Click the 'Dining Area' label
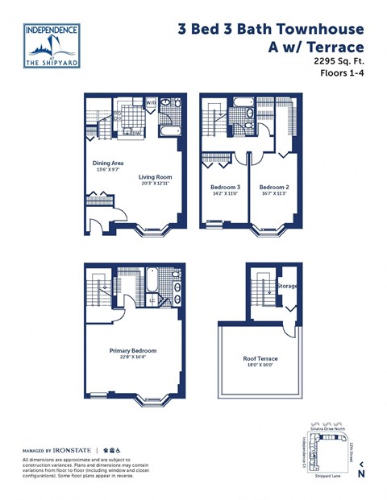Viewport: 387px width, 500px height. click(107, 163)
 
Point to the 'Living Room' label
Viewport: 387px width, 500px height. click(155, 176)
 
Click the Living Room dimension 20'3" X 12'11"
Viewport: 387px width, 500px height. click(155, 184)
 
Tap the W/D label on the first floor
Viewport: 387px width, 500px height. click(151, 104)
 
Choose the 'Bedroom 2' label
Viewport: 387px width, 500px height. click(274, 187)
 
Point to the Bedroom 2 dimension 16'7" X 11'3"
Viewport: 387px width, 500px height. click(274, 194)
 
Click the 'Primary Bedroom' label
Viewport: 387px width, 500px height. click(133, 351)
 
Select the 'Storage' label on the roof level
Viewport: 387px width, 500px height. click(288, 286)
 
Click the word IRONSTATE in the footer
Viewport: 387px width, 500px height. click(74, 449)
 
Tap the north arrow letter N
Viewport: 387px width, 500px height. click(361, 473)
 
